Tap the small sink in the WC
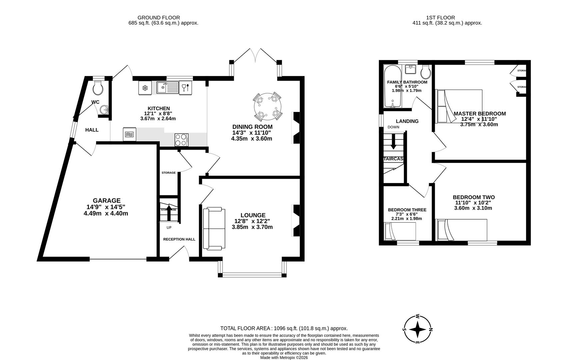pyautogui.click(x=105, y=109)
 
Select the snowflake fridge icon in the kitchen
pyautogui.click(x=145, y=88)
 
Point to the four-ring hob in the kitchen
pyautogui.click(x=181, y=140)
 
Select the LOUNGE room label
pyautogui.click(x=253, y=215)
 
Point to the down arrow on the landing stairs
pyautogui.click(x=393, y=141)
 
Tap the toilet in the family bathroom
pyautogui.click(x=426, y=71)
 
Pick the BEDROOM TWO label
pyautogui.click(x=473, y=197)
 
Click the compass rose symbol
pyautogui.click(x=417, y=329)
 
